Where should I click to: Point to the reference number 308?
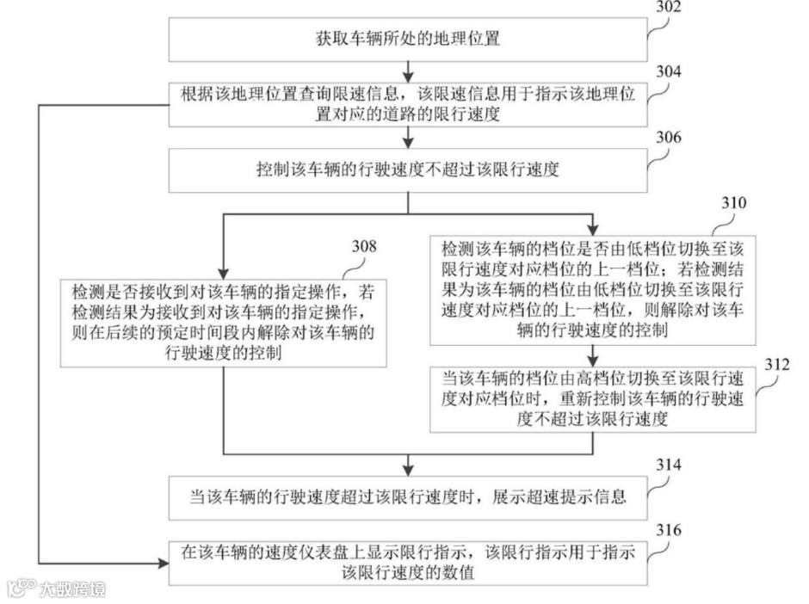pos(364,247)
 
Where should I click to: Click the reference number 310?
pos(734,204)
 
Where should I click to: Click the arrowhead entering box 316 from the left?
pos(163,564)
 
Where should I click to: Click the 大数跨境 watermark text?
pos(72,589)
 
